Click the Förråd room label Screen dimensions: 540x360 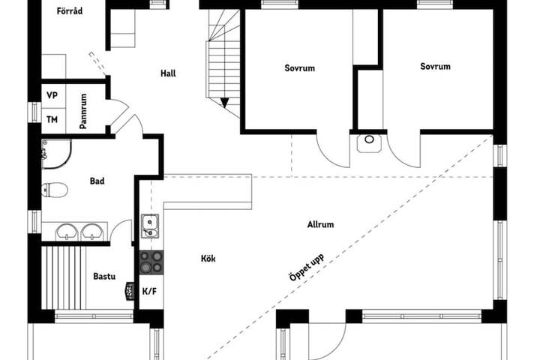[x=70, y=11]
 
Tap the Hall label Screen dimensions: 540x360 [x=168, y=73]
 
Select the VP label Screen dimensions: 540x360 [x=52, y=95]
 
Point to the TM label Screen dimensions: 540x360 [x=52, y=119]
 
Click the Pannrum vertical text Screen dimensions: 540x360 [x=83, y=111]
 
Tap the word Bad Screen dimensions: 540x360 [x=97, y=181]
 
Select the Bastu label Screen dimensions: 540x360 [x=104, y=276]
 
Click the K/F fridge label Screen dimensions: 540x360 [x=149, y=292]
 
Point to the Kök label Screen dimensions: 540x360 [x=208, y=258]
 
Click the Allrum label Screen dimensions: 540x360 [x=321, y=224]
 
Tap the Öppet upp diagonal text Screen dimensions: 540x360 [x=307, y=267]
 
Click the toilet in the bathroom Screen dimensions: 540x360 [x=55, y=190]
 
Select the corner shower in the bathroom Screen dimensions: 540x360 [x=56, y=154]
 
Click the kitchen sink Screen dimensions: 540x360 [x=150, y=226]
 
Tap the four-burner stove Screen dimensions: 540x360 [x=151, y=262]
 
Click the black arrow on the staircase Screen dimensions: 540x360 [x=224, y=103]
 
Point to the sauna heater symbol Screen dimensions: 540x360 [x=130, y=292]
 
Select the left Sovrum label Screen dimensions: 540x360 [x=299, y=67]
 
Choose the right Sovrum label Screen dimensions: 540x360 [x=435, y=66]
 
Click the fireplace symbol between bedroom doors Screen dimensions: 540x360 [x=369, y=143]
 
